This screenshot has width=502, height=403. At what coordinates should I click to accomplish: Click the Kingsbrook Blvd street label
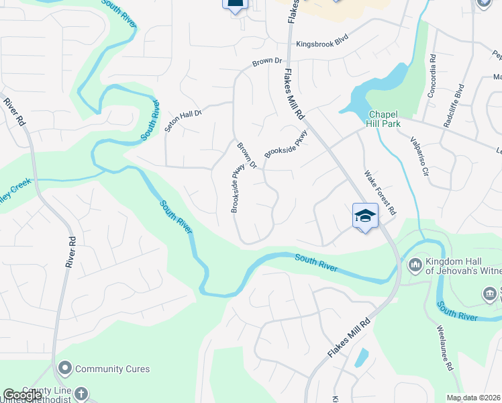coord(323,44)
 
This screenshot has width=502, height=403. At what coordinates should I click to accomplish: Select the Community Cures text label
coord(112,369)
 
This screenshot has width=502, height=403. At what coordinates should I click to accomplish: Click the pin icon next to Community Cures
coord(65,369)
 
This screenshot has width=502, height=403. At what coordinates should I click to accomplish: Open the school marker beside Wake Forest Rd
coord(365,216)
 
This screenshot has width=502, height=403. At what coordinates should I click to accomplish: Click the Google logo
coord(22,395)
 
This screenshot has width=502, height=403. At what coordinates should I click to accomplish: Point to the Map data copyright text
coord(473,398)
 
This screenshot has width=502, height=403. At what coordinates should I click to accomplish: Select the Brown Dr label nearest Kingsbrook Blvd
coord(267,62)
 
